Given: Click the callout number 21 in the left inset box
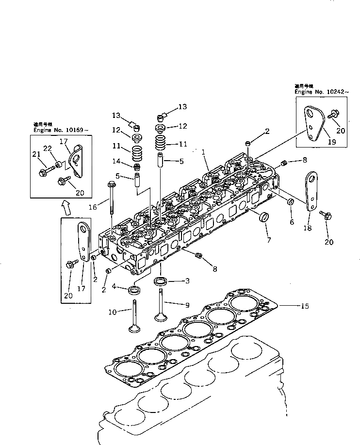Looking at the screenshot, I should tap(37, 154).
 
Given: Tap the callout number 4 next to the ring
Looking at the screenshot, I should tap(117, 286).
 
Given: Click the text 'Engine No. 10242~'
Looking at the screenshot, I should tap(319, 91).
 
